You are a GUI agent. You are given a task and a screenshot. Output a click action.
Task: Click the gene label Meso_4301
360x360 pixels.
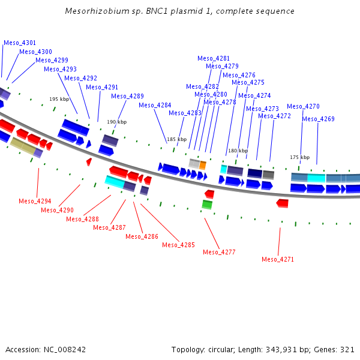pos(20,43)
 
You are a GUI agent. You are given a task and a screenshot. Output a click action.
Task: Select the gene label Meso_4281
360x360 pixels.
pos(214,58)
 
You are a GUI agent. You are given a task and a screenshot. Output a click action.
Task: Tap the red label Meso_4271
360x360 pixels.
pos(278,259)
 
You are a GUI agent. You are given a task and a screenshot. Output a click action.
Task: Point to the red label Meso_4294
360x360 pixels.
pos(35,201)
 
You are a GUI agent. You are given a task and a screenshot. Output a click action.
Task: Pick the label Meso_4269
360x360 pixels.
pos(318,119)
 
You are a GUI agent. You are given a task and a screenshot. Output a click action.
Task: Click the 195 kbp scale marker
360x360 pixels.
pos(59,99)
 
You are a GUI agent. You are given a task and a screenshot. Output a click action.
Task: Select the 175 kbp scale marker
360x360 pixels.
pos(300,157)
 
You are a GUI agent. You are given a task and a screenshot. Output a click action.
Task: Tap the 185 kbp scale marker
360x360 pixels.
pos(177,139)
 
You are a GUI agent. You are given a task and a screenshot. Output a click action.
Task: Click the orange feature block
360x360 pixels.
pos(203,166)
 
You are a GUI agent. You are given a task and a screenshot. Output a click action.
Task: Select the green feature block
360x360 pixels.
pos(207,205)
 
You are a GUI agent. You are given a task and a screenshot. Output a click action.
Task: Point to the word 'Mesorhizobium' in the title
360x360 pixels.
pos(97,11)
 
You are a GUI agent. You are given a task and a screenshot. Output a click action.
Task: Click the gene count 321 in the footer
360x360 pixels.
pos(347,350)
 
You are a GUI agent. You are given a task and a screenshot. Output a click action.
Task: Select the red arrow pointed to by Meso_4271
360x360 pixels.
pos(282,203)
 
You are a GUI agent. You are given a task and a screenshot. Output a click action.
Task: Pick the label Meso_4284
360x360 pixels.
pos(155,105)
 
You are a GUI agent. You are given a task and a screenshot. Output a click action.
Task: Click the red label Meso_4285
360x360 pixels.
pos(178,245)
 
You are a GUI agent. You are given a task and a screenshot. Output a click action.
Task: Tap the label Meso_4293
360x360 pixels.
pos(60,69)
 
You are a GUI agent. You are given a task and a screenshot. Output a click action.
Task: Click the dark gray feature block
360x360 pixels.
pos(268,175)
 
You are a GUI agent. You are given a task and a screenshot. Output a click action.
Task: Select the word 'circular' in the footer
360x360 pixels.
pos(221,350)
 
